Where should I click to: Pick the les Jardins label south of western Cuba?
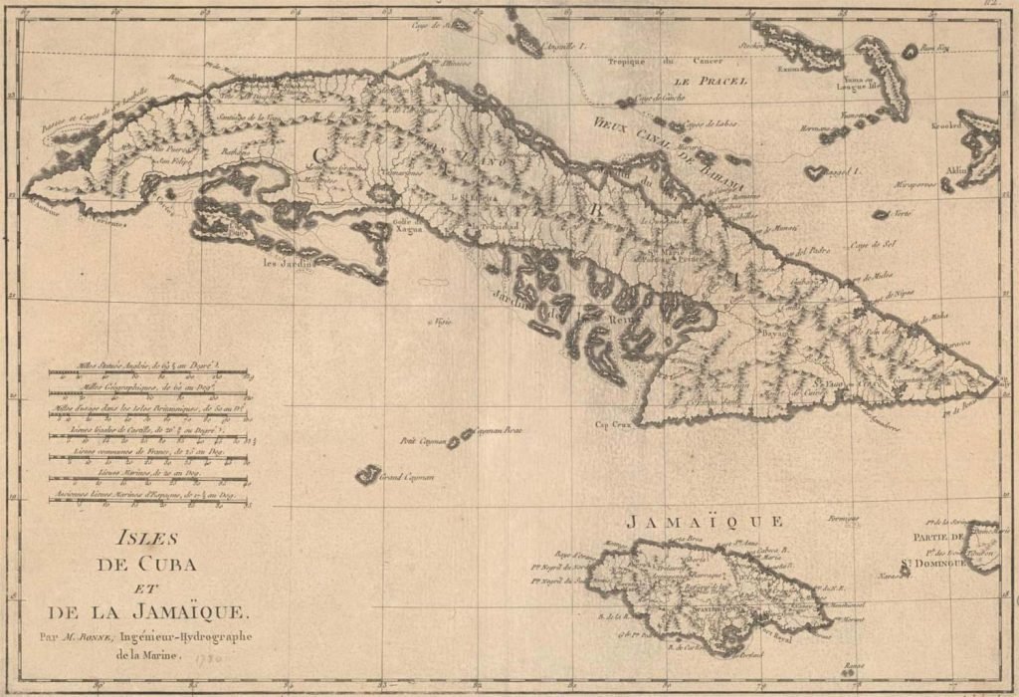(283, 265)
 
